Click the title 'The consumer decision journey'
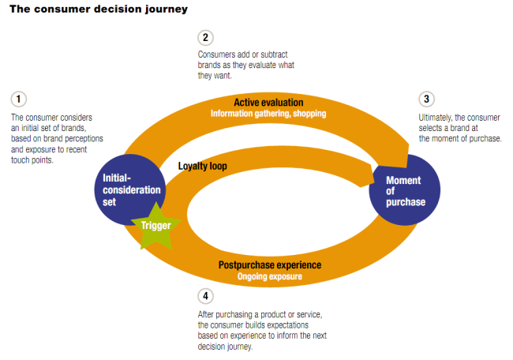coord(98,10)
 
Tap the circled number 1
coord(18,99)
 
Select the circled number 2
coord(205,37)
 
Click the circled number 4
coord(205,296)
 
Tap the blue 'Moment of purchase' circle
coord(404,191)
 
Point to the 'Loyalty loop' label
coord(204,166)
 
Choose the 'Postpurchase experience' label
coord(269,265)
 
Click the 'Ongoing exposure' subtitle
coord(268,276)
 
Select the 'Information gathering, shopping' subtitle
coord(268,114)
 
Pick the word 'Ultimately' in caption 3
coord(437,117)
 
